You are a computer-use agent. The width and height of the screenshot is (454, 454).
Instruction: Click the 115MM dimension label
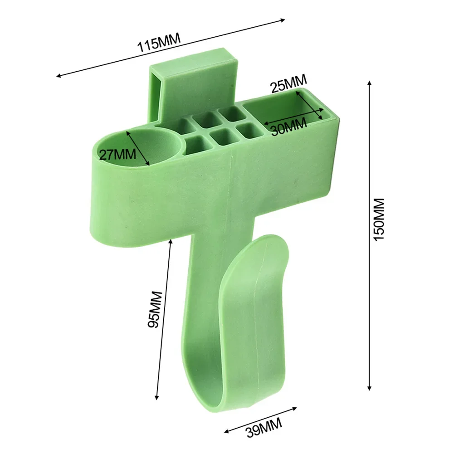coord(159,43)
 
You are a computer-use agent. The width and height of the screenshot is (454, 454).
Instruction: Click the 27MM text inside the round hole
coord(118,154)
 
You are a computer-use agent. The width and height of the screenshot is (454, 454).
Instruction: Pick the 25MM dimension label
coord(288,84)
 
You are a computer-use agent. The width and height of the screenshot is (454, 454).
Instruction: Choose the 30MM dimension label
coord(288,128)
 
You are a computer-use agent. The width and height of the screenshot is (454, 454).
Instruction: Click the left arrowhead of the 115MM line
coord(57,76)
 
